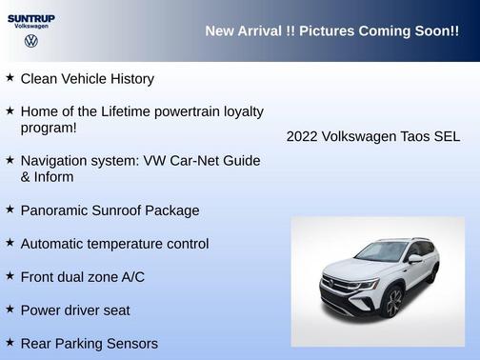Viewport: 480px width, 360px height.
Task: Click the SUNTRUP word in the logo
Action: (x=30, y=18)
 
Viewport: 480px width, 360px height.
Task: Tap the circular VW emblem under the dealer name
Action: (x=31, y=42)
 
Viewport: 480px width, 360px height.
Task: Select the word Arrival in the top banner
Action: (x=258, y=31)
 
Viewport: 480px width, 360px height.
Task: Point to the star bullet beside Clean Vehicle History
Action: (x=10, y=78)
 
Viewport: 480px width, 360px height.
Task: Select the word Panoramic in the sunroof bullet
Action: (x=56, y=210)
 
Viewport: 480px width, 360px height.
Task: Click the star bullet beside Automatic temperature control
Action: (x=10, y=243)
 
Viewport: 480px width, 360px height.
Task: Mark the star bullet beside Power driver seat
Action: (x=10, y=309)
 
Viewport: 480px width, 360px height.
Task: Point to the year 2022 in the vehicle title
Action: (x=303, y=137)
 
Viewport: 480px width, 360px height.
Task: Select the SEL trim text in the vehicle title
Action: (x=447, y=137)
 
